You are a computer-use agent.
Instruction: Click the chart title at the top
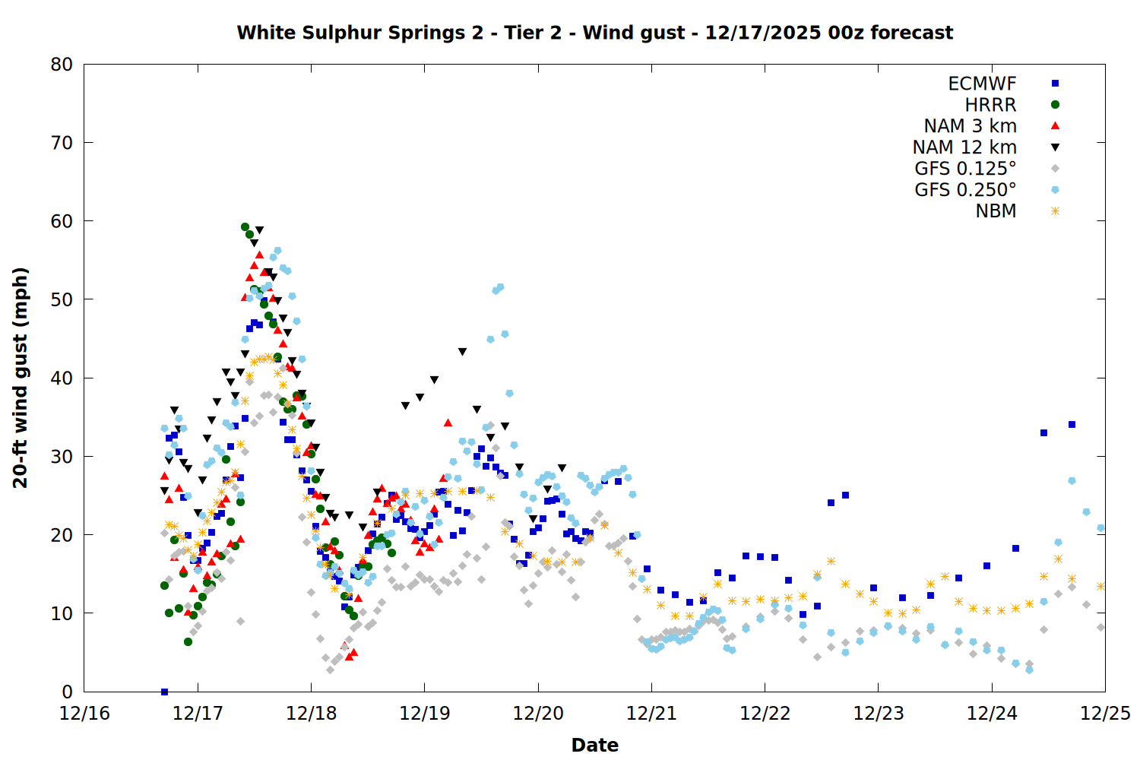click(x=594, y=33)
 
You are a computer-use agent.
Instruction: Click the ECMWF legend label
click(x=982, y=84)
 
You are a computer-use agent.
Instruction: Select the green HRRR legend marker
click(x=1055, y=105)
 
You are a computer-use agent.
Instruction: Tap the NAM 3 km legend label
click(x=970, y=126)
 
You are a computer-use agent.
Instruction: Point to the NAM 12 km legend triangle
click(x=1055, y=147)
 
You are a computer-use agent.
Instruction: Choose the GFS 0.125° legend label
click(x=965, y=169)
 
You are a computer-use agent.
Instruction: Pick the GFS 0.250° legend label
click(x=965, y=190)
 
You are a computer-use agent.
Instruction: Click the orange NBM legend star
click(x=1055, y=211)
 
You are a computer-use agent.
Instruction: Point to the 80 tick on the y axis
click(x=62, y=65)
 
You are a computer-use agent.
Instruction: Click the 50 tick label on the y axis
click(x=62, y=299)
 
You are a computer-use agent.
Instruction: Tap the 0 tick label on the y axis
click(x=68, y=692)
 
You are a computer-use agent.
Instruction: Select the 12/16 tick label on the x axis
click(x=84, y=714)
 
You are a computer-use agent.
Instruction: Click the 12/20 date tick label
click(x=538, y=714)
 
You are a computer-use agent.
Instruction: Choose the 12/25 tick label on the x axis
click(x=1105, y=714)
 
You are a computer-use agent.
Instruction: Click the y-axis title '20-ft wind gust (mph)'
click(x=21, y=378)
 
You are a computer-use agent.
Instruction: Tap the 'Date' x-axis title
click(x=594, y=745)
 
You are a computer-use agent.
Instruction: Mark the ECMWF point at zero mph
click(x=164, y=692)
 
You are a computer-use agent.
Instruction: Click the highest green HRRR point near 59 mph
click(x=245, y=227)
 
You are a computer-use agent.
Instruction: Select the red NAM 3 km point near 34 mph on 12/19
click(x=448, y=423)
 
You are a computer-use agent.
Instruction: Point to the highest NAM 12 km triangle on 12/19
click(x=462, y=352)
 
